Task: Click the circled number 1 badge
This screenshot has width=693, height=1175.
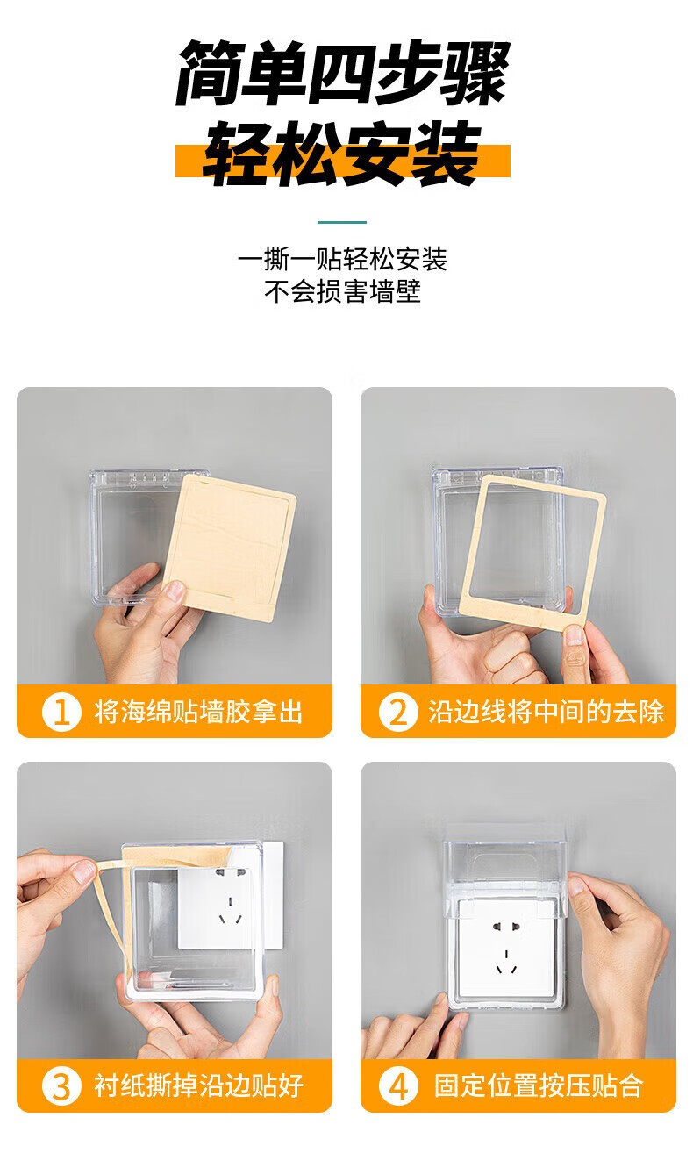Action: (x=61, y=712)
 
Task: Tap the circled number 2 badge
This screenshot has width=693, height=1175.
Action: (x=398, y=712)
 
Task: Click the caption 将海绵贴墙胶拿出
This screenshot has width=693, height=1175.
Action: (x=198, y=712)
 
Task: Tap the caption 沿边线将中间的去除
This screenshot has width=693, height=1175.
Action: (x=547, y=712)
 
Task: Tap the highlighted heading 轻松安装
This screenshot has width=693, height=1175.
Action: (x=342, y=154)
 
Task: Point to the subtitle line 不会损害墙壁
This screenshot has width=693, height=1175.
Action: (x=342, y=291)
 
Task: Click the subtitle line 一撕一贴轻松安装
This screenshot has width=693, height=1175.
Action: (x=342, y=259)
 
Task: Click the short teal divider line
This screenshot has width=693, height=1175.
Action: (x=342, y=222)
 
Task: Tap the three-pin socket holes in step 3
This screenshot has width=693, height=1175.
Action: (x=230, y=912)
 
